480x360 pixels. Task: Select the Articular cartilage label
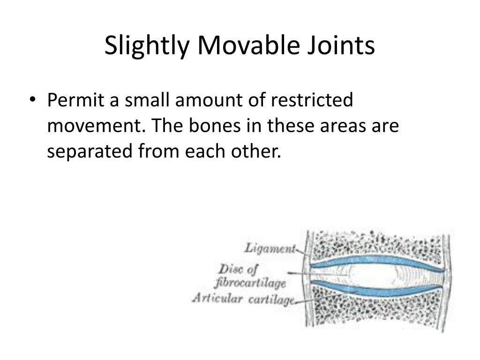(243, 299)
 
